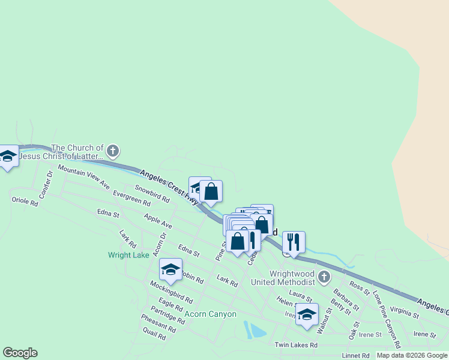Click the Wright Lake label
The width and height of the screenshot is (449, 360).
point(128,255)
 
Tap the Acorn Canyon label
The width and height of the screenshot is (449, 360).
point(210,314)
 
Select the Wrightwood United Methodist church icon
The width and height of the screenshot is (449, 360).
point(324,277)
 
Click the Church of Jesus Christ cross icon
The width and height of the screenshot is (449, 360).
point(113,151)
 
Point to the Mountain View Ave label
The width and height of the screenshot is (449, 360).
point(83,176)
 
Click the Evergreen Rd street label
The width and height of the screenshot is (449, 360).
point(131,199)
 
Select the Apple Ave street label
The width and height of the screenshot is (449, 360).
point(158,221)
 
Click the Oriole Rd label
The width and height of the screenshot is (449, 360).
point(25,200)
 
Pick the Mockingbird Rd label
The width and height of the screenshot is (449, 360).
point(171,292)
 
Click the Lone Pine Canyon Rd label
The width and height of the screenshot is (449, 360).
point(386,320)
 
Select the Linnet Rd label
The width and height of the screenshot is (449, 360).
point(357,356)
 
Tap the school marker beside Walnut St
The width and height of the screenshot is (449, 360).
point(307,314)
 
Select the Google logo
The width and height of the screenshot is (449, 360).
point(20,353)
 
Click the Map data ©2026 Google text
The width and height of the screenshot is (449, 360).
point(412,355)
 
